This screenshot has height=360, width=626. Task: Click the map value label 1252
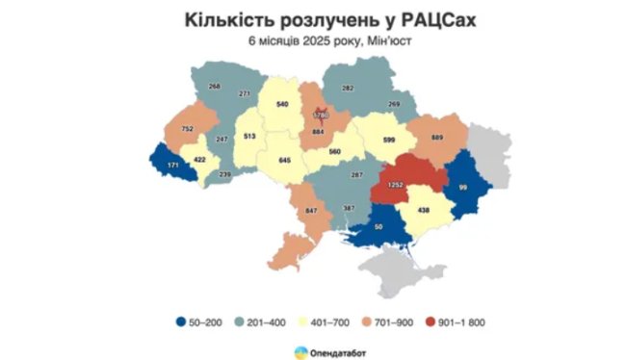pos(394,182)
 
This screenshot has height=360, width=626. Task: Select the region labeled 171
pos(173,167)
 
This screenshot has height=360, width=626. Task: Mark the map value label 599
pos(389,141)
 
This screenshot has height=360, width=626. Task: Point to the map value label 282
pos(348,89)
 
